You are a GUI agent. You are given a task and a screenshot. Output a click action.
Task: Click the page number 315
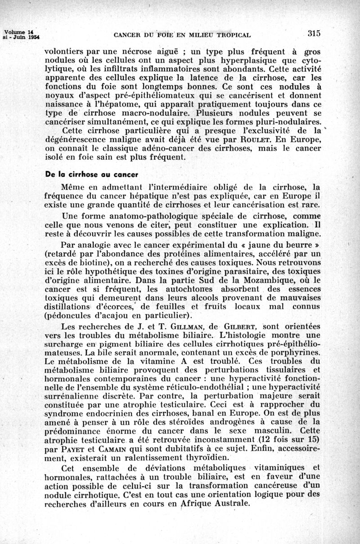tap(314, 33)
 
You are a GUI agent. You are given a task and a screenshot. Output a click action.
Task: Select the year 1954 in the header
tap(30, 37)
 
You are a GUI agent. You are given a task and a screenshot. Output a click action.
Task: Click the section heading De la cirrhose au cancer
tap(91, 174)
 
